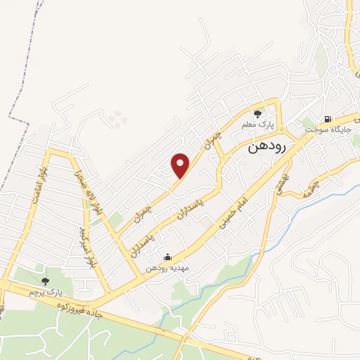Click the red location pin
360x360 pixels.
coord(181,165)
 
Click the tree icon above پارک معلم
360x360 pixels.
coord(258,112)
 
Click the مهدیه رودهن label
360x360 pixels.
coord(167,269)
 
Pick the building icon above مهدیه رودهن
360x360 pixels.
coord(167,257)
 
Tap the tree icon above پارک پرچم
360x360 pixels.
coord(46,281)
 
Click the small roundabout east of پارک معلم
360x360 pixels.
coord(281,129)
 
